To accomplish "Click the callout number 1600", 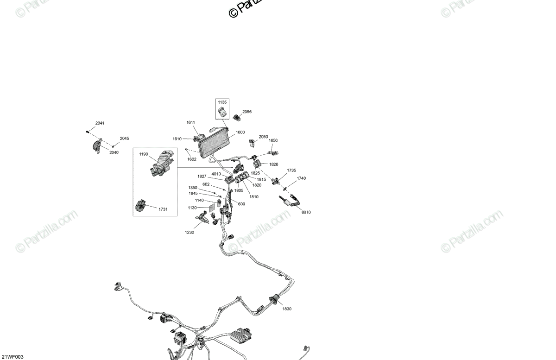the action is click(x=240, y=133).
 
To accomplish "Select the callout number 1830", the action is click(x=287, y=309).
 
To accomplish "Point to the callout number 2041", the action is click(x=100, y=123).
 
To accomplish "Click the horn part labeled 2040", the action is click(x=96, y=146).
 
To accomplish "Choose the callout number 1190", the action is click(x=143, y=154).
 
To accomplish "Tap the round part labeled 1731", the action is click(x=141, y=207).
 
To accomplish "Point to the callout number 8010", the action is click(x=306, y=212).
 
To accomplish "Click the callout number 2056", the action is click(x=247, y=112).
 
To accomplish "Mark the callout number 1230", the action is click(x=190, y=233).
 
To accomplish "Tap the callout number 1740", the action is click(x=301, y=178).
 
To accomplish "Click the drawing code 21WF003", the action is click(x=13, y=357).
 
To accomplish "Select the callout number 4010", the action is click(x=216, y=174).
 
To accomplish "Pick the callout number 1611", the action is click(x=191, y=122).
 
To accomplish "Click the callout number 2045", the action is click(x=124, y=139).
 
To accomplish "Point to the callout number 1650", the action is click(x=273, y=140).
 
